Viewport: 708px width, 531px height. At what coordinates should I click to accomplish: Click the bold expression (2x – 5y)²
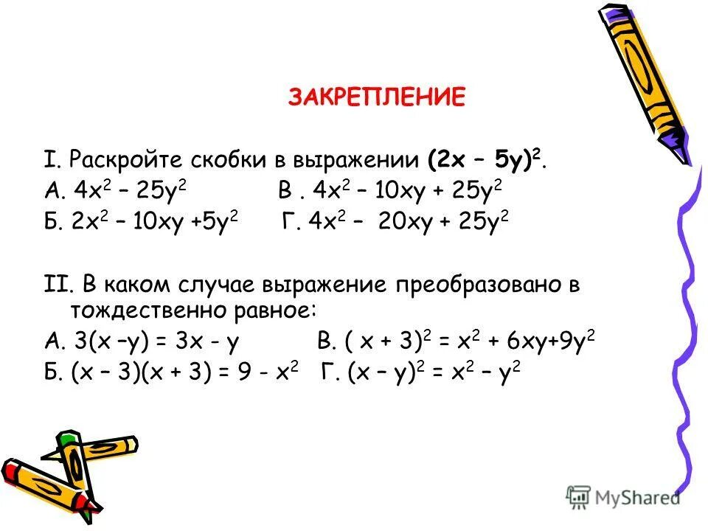point(486,159)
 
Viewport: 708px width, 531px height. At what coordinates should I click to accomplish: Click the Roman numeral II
point(53,284)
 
